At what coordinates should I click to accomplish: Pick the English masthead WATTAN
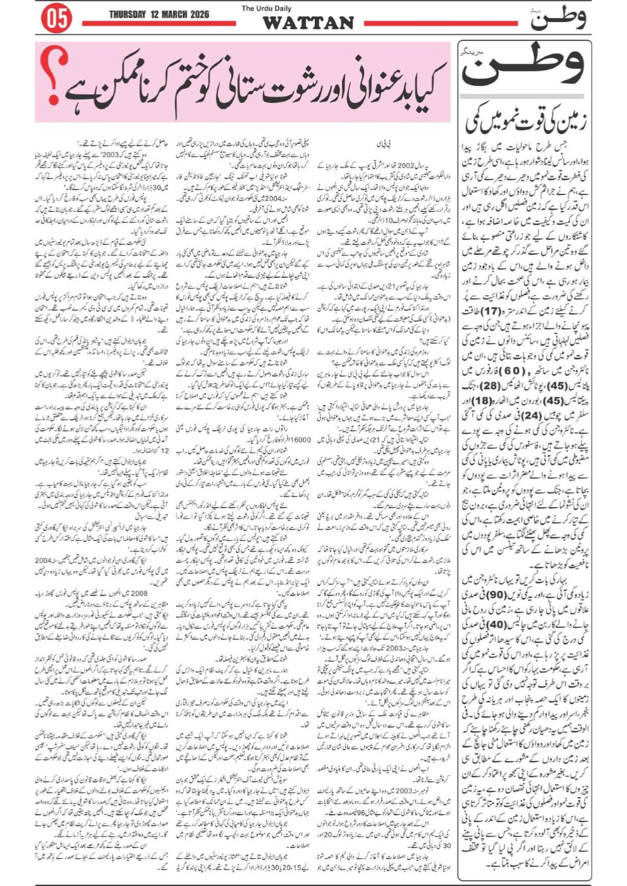click(x=308, y=23)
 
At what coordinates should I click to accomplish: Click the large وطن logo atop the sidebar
click(x=524, y=67)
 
